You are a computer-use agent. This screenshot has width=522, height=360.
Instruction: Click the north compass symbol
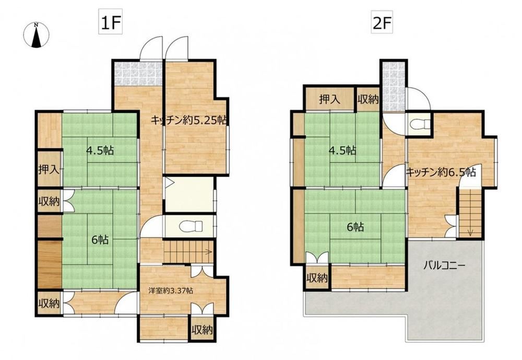pyautogui.click(x=37, y=34)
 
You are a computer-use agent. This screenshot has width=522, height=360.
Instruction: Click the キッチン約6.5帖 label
pyautogui.click(x=441, y=172)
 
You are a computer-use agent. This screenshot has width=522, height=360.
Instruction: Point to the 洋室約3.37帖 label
pyautogui.click(x=171, y=291)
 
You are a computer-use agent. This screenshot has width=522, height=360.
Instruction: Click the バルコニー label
pyautogui.click(x=444, y=266)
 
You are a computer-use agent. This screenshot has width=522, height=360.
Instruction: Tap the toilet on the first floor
pyautogui.click(x=191, y=226)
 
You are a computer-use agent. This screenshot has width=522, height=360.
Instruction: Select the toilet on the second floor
pyautogui.click(x=420, y=124)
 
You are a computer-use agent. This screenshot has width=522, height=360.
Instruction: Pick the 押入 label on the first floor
pyautogui.click(x=49, y=170)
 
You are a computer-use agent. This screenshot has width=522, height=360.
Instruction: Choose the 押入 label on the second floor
pyautogui.click(x=329, y=99)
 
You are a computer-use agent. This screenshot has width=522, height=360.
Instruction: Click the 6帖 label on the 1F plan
pyautogui.click(x=100, y=239)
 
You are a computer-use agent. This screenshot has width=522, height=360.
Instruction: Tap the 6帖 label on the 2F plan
pyautogui.click(x=355, y=227)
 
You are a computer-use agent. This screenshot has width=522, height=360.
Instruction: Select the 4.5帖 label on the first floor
pyautogui.click(x=100, y=150)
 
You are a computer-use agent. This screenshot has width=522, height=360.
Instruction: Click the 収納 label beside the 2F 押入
pyautogui.click(x=368, y=99)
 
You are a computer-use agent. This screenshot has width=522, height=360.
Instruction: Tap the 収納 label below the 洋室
pyautogui.click(x=201, y=330)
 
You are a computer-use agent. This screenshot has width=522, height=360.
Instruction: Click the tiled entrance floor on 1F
pyautogui.click(x=138, y=74)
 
